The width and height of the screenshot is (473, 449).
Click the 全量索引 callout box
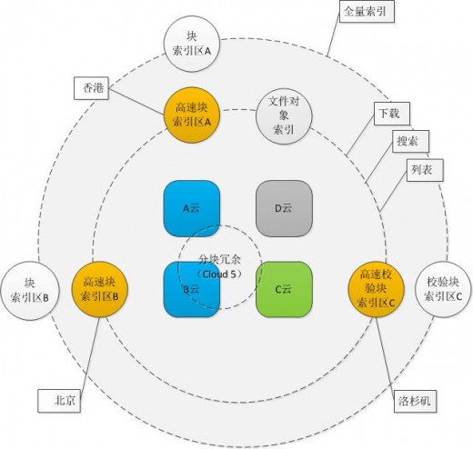tap(367, 12)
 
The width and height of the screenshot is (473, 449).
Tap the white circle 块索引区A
tap(191, 44)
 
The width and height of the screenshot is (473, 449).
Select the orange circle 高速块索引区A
tap(191, 115)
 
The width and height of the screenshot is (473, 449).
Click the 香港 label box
tap(91, 88)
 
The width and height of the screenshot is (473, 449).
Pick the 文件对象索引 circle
tap(284, 116)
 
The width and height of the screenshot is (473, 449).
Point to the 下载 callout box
tap(392, 114)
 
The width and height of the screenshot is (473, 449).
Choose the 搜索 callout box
tap(410, 141)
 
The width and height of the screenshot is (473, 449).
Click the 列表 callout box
tap(425, 170)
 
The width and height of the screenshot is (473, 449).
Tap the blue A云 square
tap(191, 208)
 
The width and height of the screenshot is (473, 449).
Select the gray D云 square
tap(284, 208)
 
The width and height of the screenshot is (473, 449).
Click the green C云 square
tap(284, 289)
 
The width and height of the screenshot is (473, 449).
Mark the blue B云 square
tap(191, 289)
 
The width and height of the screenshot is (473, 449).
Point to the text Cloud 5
tap(219, 274)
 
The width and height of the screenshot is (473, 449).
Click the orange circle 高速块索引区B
tap(100, 289)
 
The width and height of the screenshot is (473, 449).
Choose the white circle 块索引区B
tap(30, 290)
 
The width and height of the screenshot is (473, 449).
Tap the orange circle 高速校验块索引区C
tap(376, 289)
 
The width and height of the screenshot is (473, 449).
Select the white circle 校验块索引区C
tap(443, 289)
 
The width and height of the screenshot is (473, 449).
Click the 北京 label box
tap(59, 401)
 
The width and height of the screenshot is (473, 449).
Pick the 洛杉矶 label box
tap(415, 401)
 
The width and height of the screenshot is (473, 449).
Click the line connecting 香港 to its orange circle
tap(136, 101)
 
